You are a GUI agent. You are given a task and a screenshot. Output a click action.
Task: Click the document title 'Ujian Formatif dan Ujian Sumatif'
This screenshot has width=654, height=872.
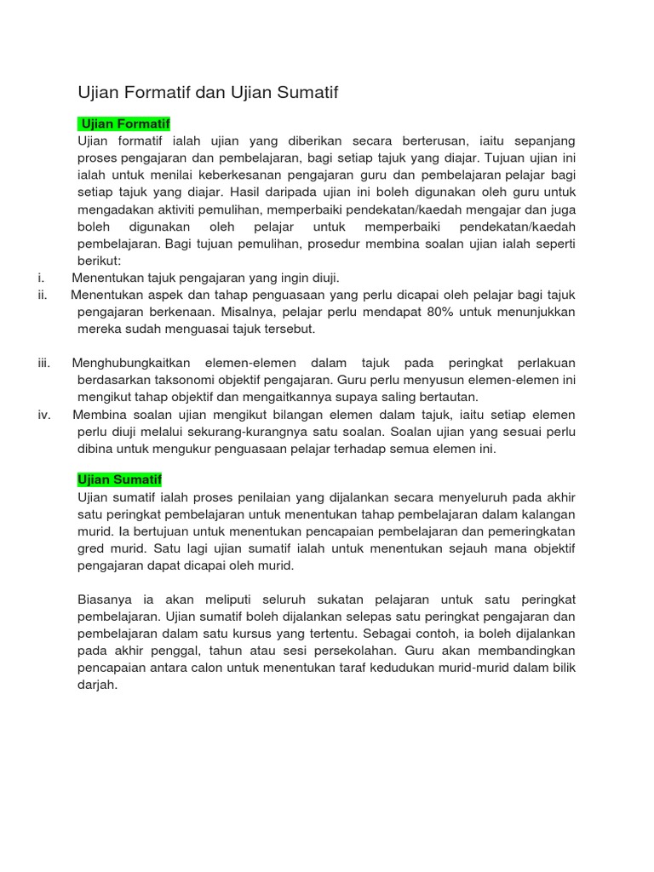[x=208, y=93]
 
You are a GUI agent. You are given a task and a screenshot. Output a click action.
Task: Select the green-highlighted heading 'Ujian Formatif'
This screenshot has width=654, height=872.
[x=124, y=123]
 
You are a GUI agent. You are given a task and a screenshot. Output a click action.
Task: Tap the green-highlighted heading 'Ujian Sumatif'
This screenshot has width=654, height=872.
[x=120, y=480]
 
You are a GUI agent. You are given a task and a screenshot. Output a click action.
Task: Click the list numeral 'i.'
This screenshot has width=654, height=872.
[x=42, y=278]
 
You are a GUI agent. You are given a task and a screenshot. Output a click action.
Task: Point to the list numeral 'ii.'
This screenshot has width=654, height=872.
[x=43, y=295]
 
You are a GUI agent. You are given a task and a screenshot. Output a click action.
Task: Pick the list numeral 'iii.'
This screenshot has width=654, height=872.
[x=44, y=363]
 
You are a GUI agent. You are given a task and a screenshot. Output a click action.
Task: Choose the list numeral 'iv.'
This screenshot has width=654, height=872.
[x=44, y=415]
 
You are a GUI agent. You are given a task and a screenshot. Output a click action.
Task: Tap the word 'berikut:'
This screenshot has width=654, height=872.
[x=100, y=261]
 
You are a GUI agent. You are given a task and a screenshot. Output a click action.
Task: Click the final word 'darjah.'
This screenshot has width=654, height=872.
[x=97, y=685]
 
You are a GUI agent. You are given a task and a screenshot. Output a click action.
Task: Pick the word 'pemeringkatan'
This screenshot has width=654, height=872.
[x=534, y=531]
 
